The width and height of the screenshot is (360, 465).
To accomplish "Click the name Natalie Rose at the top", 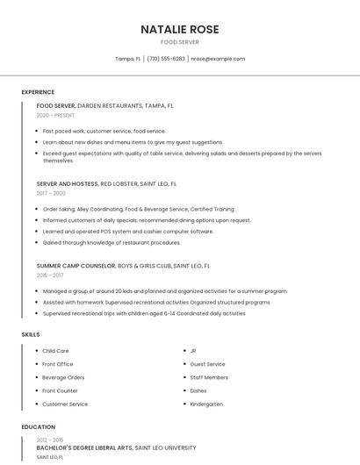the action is coord(180,29).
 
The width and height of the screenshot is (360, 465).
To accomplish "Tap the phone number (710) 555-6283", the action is coord(166,59).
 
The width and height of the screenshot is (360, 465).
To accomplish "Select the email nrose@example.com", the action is coord(218,59).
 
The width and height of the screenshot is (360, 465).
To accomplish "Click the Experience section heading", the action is coord(38,92).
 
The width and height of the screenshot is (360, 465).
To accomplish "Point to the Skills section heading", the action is coord(31,334).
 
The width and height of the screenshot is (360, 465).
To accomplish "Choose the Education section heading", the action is coord(38,427).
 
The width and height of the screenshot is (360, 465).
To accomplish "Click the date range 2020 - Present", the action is coord(55,115).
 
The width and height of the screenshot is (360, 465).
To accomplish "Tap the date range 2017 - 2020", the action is coord(51,193).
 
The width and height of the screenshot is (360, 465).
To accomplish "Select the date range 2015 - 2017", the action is coord(50,275).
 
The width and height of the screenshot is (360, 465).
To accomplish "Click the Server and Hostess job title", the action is coord(67,184).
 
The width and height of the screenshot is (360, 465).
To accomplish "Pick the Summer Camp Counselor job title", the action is coord(76,265).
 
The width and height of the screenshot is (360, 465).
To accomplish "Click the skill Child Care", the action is coord(55,351).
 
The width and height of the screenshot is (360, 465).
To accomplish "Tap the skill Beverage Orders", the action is coord(63,377).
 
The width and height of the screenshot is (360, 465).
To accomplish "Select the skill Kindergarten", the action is coord(206,404).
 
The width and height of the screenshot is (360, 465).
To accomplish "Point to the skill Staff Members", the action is coord(209,377).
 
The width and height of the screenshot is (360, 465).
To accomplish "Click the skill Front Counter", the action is coord(60,390).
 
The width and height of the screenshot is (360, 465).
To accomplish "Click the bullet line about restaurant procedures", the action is coord(112,242).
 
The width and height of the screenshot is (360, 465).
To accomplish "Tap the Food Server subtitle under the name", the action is coord(180,42).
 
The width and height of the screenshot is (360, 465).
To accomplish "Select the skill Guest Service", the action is coord(208,364).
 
